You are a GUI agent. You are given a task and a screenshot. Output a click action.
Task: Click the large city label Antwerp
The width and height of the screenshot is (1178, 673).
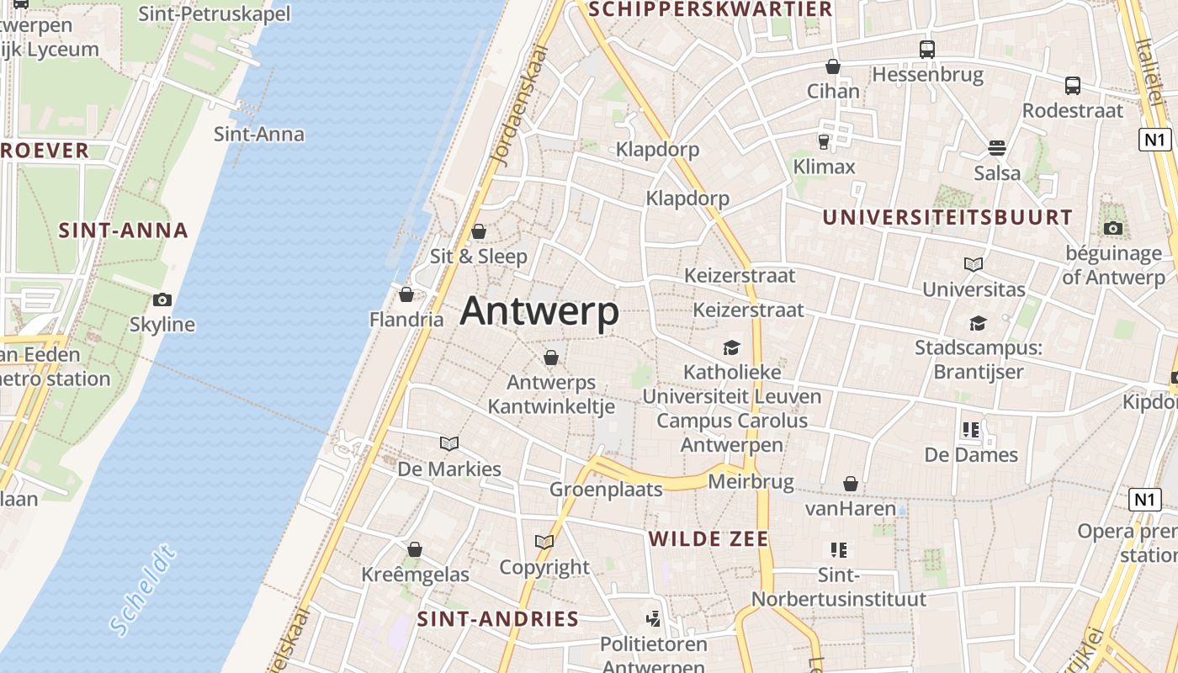(539, 312)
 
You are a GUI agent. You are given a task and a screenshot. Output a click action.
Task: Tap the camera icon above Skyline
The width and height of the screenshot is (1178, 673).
(162, 299)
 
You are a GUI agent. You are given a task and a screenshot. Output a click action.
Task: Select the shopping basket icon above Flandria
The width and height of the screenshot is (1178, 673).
(406, 294)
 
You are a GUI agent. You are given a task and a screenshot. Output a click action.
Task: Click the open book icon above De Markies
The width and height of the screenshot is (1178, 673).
(449, 443)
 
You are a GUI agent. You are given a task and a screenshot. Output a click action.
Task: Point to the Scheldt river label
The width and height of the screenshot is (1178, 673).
(144, 589)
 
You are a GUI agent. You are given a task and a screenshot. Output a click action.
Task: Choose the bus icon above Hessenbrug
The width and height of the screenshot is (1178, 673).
(927, 50)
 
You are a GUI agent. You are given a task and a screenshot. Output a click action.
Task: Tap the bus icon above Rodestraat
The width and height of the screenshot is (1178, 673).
(1073, 85)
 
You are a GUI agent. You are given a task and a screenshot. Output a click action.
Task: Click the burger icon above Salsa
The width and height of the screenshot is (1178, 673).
(997, 148)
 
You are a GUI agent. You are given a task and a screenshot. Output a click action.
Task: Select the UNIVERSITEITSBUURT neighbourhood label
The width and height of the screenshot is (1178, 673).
(947, 217)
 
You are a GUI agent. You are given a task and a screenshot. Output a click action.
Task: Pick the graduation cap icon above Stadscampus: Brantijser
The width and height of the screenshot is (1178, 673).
(978, 323)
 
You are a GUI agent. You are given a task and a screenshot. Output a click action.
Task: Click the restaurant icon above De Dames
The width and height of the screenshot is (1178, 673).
(971, 430)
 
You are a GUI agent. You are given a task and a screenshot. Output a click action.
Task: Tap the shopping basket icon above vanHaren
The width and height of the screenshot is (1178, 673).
(851, 484)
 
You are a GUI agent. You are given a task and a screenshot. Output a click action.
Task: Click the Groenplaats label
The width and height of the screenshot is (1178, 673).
(606, 490)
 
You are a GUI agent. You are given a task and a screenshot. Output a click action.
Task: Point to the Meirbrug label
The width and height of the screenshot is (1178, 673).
(751, 482)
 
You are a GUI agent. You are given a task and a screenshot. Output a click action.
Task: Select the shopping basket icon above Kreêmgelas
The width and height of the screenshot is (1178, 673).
(415, 549)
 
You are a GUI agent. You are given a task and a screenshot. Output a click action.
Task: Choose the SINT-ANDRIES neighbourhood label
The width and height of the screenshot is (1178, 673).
(498, 620)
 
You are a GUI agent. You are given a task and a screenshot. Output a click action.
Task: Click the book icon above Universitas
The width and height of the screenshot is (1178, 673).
(974, 264)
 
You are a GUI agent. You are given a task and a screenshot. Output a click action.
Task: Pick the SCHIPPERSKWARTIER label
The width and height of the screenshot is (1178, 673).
(711, 9)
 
